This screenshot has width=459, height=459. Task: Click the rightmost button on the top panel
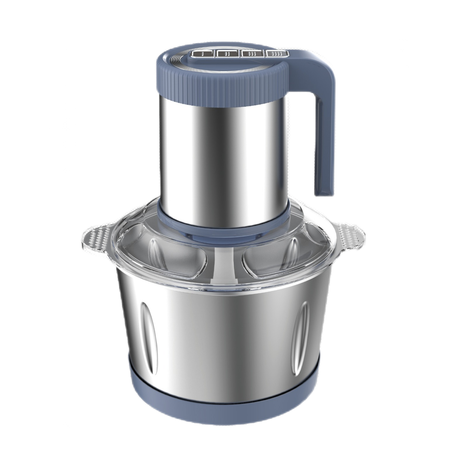click(x=277, y=53)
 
